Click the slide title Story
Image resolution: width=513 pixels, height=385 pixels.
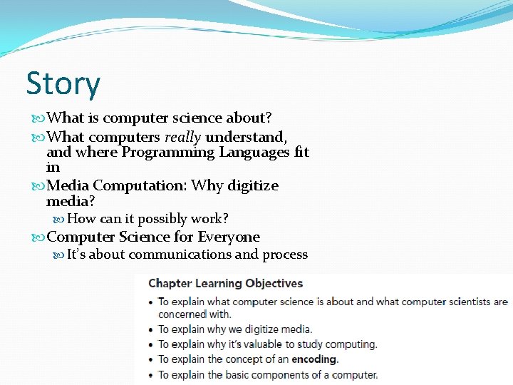[x=63, y=84]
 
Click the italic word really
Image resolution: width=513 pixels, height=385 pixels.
[x=184, y=137]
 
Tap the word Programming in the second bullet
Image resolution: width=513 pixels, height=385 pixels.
[x=168, y=153]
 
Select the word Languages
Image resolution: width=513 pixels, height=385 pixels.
[x=254, y=153]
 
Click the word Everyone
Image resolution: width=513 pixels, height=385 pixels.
[x=229, y=237]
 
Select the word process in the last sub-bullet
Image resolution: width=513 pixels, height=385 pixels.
[x=285, y=255]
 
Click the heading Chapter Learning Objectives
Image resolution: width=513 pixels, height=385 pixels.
[x=225, y=284]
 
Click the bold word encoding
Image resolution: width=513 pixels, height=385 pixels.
[x=314, y=359]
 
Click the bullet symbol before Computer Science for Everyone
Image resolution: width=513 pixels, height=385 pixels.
[x=38, y=237]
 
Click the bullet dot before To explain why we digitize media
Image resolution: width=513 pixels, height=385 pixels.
[x=150, y=329]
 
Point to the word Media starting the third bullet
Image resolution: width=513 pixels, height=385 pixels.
[x=68, y=186]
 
